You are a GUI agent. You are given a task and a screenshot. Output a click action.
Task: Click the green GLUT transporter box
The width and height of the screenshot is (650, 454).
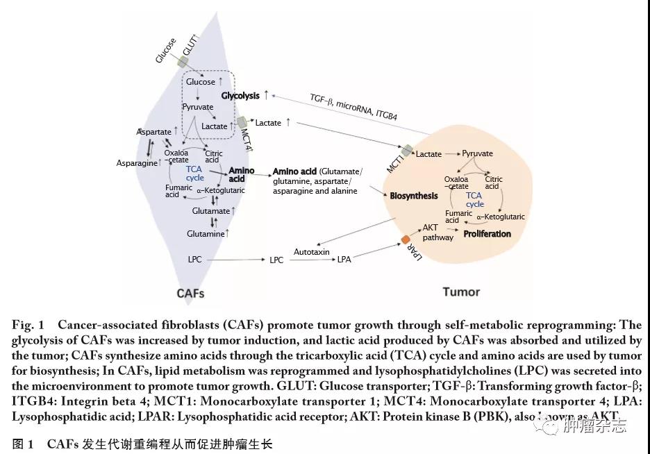(x=183, y=62)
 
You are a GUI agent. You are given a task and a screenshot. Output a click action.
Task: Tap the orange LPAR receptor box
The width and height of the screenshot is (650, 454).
(x=406, y=239)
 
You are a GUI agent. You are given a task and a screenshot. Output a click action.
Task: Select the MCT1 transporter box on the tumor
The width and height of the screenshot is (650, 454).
(x=406, y=149)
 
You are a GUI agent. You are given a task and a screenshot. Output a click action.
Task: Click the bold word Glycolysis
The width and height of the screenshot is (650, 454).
(x=240, y=96)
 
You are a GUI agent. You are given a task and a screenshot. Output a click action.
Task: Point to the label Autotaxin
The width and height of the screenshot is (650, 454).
(x=311, y=252)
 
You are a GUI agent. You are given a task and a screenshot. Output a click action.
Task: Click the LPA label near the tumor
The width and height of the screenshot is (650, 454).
(x=344, y=259)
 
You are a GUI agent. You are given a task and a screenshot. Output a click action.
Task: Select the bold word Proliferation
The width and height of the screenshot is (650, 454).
(x=487, y=234)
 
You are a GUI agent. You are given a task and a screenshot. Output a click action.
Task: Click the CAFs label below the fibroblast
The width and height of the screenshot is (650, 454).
(x=190, y=293)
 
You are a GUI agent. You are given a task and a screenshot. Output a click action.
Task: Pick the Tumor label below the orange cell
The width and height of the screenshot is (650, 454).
(x=461, y=292)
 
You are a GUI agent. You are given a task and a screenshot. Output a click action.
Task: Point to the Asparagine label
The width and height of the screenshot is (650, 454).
(x=138, y=163)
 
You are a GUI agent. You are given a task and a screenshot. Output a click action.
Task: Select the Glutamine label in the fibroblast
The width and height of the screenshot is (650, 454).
(x=206, y=234)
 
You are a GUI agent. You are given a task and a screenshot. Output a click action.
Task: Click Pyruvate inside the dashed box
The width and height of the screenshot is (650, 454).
(x=198, y=107)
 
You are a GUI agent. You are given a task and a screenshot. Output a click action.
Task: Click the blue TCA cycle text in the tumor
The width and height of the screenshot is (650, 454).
(x=475, y=200)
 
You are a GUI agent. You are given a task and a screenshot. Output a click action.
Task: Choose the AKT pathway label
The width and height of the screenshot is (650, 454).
(x=437, y=233)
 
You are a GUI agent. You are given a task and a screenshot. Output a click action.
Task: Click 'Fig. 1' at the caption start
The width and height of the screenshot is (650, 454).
(x=28, y=325)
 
